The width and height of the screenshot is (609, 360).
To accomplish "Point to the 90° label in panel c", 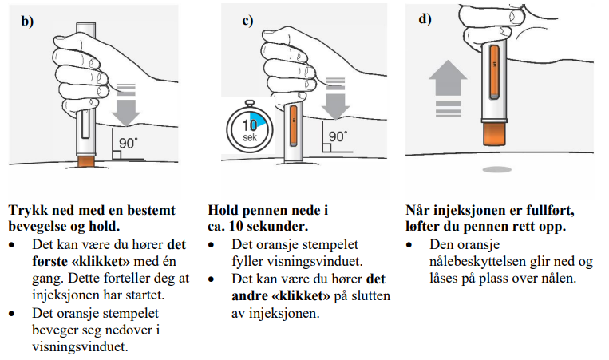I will (x=338, y=137).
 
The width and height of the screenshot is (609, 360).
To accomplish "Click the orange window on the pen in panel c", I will (x=293, y=127).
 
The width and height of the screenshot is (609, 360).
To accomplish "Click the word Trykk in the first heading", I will (x=26, y=211).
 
